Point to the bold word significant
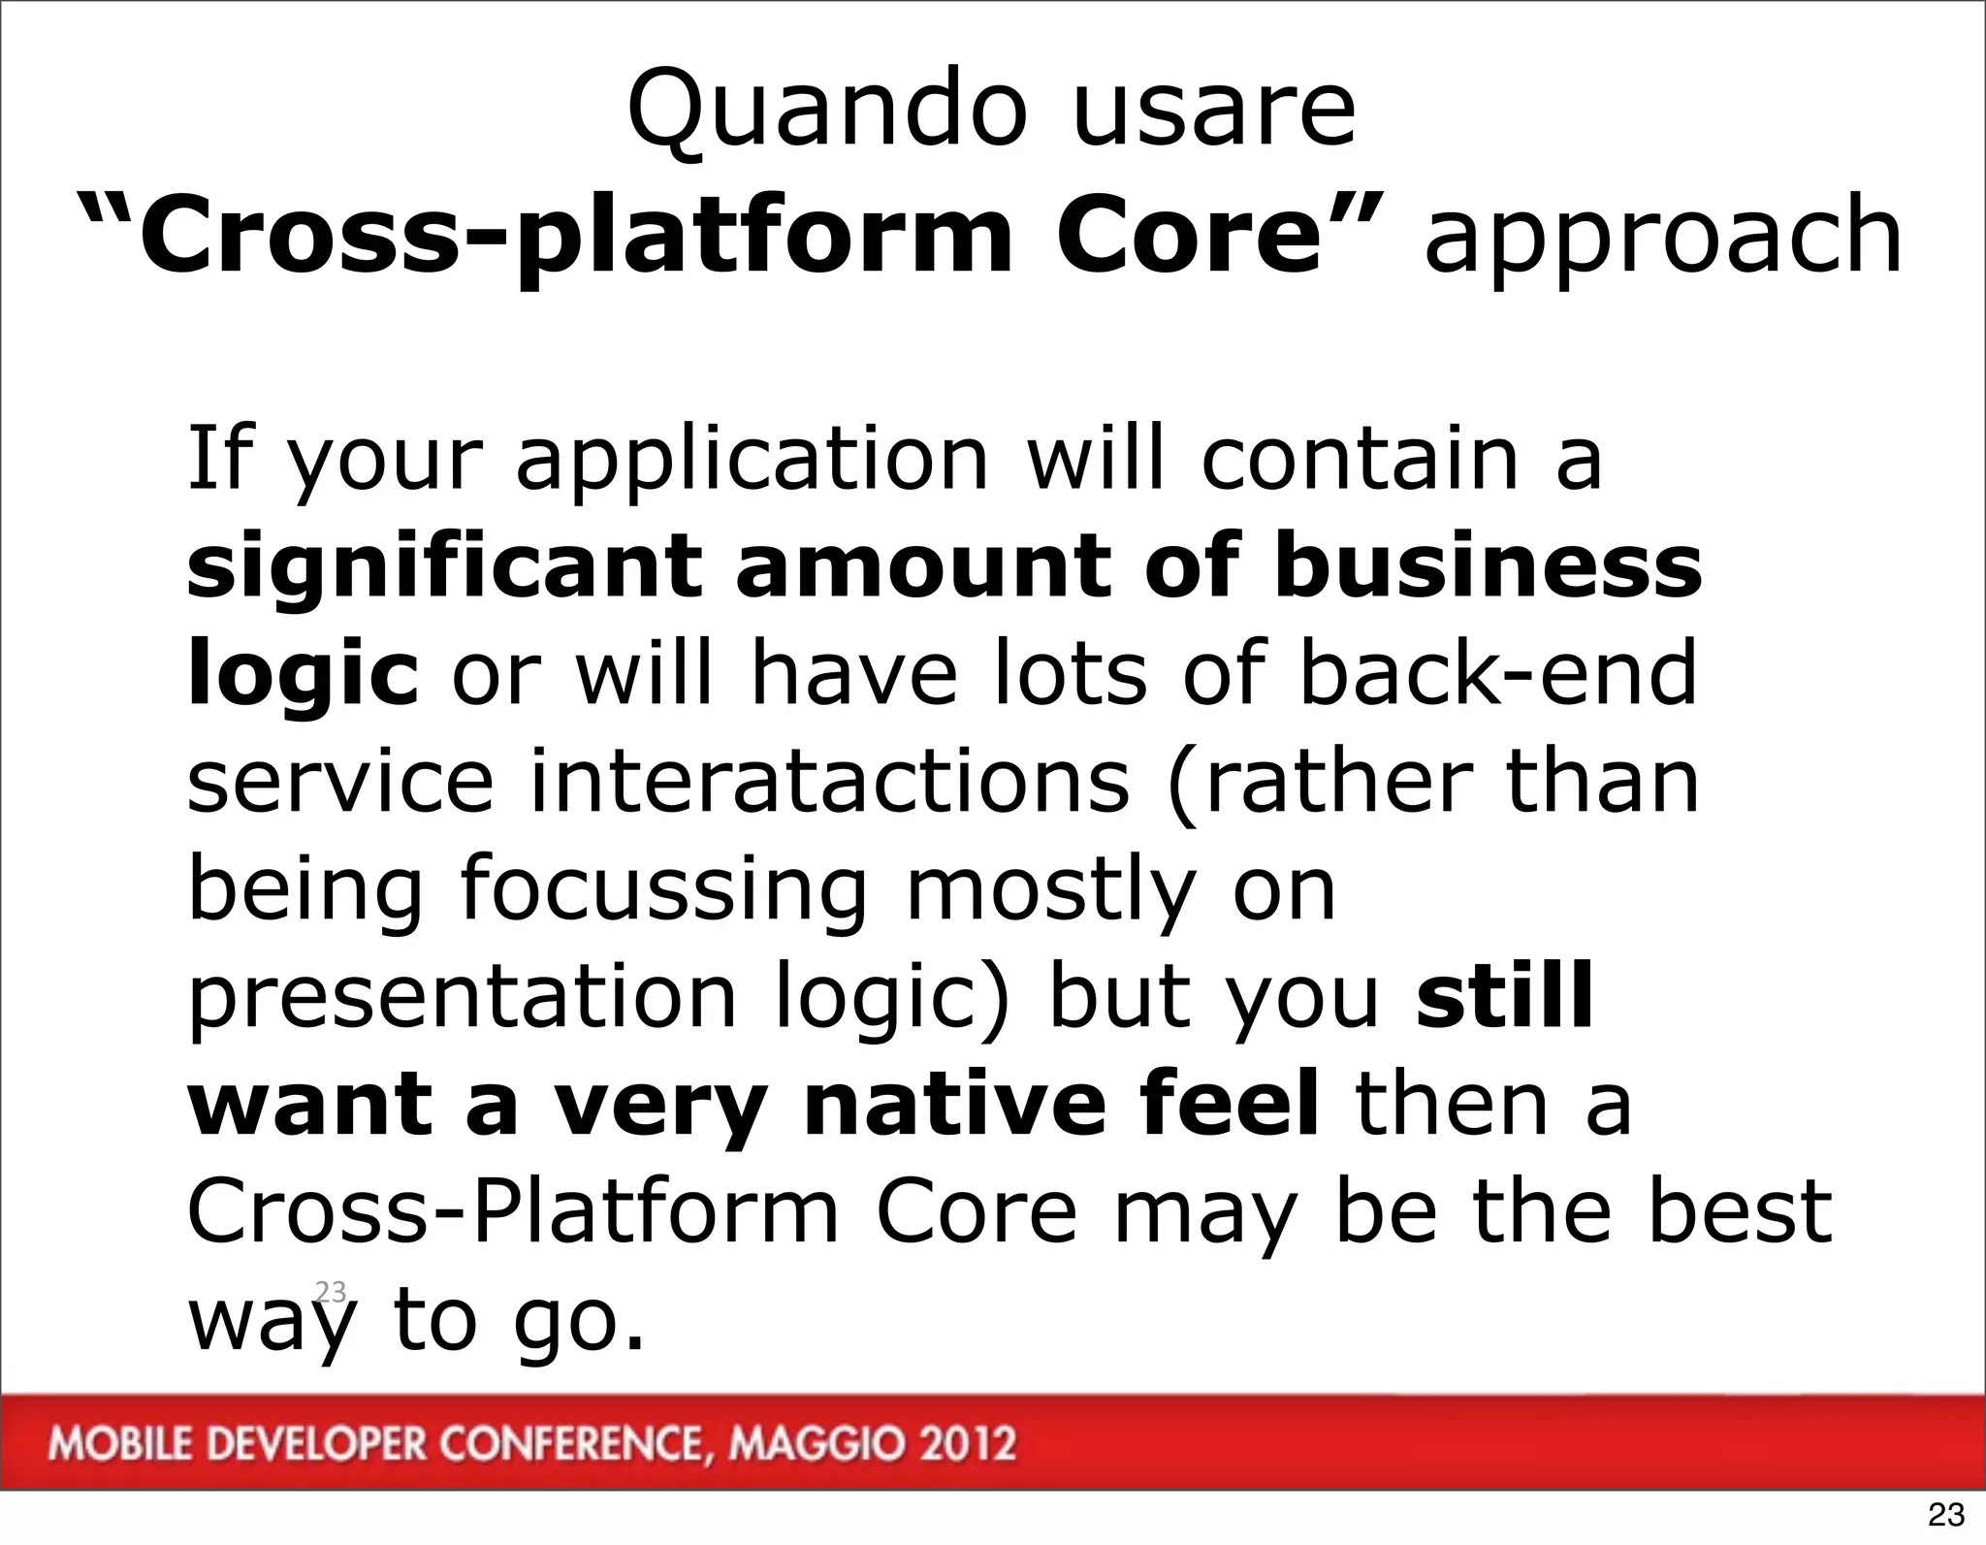(x=444, y=567)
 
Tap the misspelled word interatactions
(x=830, y=782)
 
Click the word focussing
(x=662, y=890)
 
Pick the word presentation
(x=463, y=999)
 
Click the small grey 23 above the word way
(x=331, y=1291)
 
